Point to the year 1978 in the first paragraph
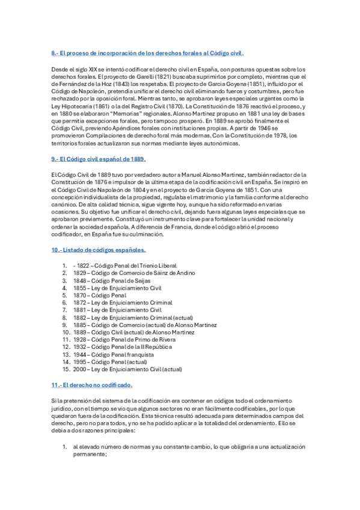click(273, 135)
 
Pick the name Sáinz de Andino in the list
click(167, 273)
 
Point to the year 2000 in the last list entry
click(79, 369)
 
